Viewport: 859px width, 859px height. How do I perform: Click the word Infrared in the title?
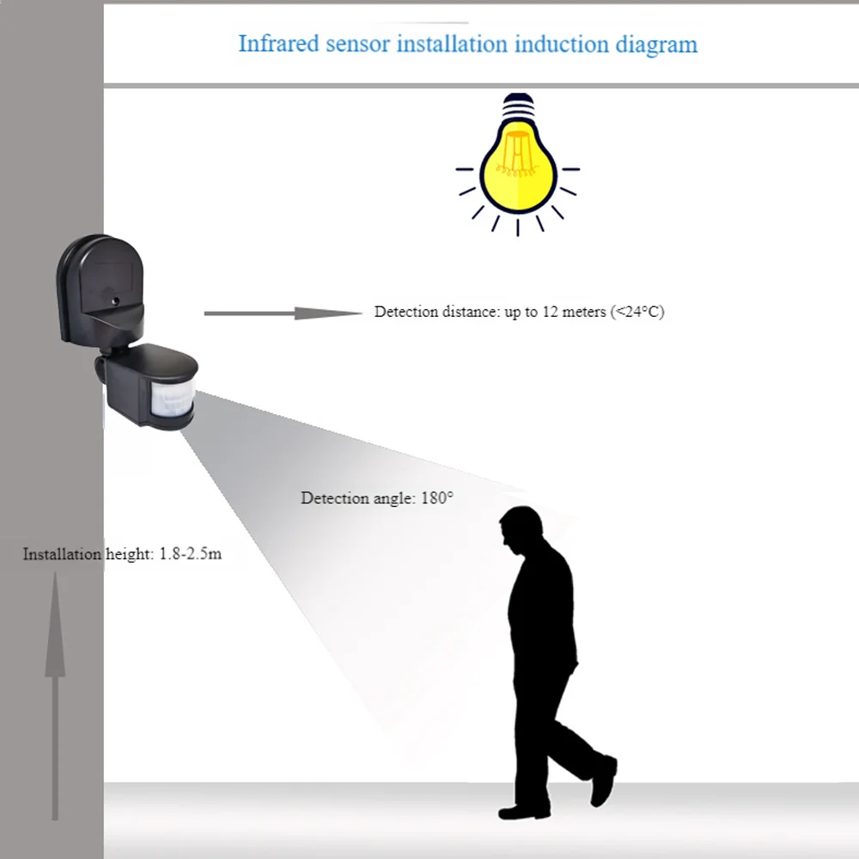[x=278, y=44]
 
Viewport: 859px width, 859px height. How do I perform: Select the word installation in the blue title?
[x=453, y=44]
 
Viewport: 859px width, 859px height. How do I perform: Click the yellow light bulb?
[x=518, y=165]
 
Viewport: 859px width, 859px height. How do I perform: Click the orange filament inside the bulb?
[x=515, y=155]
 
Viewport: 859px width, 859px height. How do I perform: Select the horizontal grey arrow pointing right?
[x=283, y=314]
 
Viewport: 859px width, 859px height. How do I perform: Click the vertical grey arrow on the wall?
[x=55, y=696]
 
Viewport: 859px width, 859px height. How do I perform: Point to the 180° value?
[x=437, y=498]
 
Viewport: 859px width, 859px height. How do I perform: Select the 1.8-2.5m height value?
[x=191, y=554]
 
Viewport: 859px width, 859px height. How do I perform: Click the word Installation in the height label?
[x=62, y=554]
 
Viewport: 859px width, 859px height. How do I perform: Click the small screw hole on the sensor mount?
[x=116, y=301]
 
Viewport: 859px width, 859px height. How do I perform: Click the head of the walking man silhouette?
[x=521, y=526]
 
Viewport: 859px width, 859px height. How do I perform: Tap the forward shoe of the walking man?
[x=524, y=811]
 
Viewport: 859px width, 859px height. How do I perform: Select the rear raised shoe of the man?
[x=604, y=781]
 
